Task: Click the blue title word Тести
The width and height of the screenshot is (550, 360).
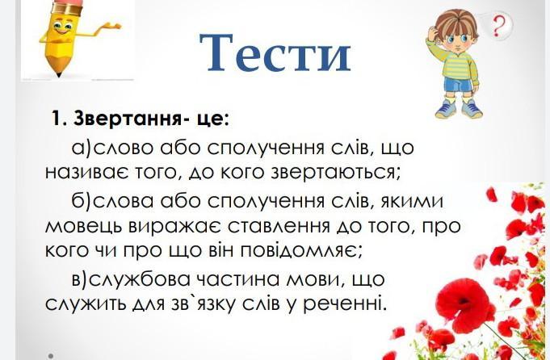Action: [x=275, y=52]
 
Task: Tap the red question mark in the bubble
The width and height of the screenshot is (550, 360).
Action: [x=498, y=27]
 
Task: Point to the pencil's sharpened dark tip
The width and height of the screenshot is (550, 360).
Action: [x=58, y=74]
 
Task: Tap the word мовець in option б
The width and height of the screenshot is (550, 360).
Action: [x=85, y=226]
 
